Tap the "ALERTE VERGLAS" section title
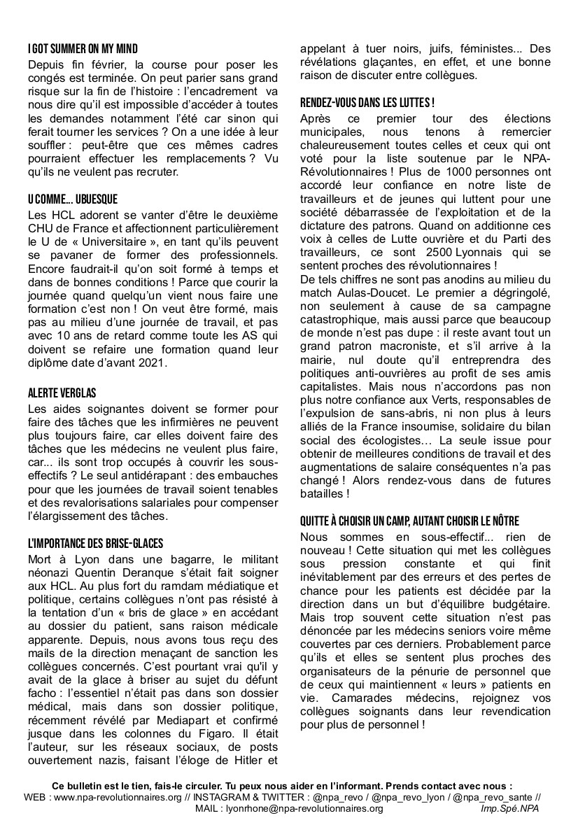[x=62, y=393]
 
